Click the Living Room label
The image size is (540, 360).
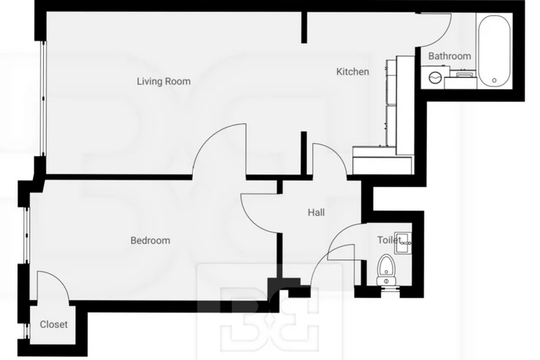[x=163, y=81]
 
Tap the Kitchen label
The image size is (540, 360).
[x=352, y=72]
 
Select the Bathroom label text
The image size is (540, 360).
[x=450, y=55]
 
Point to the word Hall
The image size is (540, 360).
[x=316, y=212]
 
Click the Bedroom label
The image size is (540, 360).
[x=150, y=240]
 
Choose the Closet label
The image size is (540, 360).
[x=53, y=324]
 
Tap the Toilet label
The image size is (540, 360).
[x=389, y=240]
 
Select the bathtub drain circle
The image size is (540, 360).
[x=494, y=80]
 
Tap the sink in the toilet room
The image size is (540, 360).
[x=403, y=243]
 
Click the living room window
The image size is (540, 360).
[x=43, y=99]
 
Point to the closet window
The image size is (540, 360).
[x=25, y=331]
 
